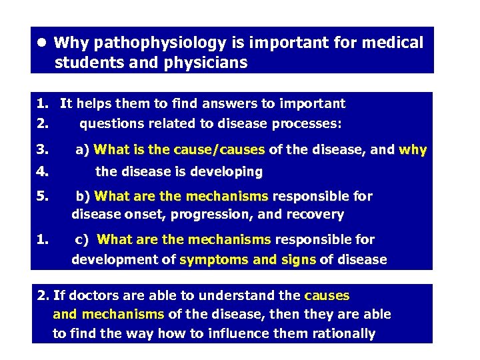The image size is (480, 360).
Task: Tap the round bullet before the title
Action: pyautogui.click(x=41, y=42)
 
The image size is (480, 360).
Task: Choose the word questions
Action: pyautogui.click(x=111, y=123)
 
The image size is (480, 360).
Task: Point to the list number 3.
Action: pyautogui.click(x=41, y=150)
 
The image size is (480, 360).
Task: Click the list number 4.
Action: pyautogui.click(x=41, y=171)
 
